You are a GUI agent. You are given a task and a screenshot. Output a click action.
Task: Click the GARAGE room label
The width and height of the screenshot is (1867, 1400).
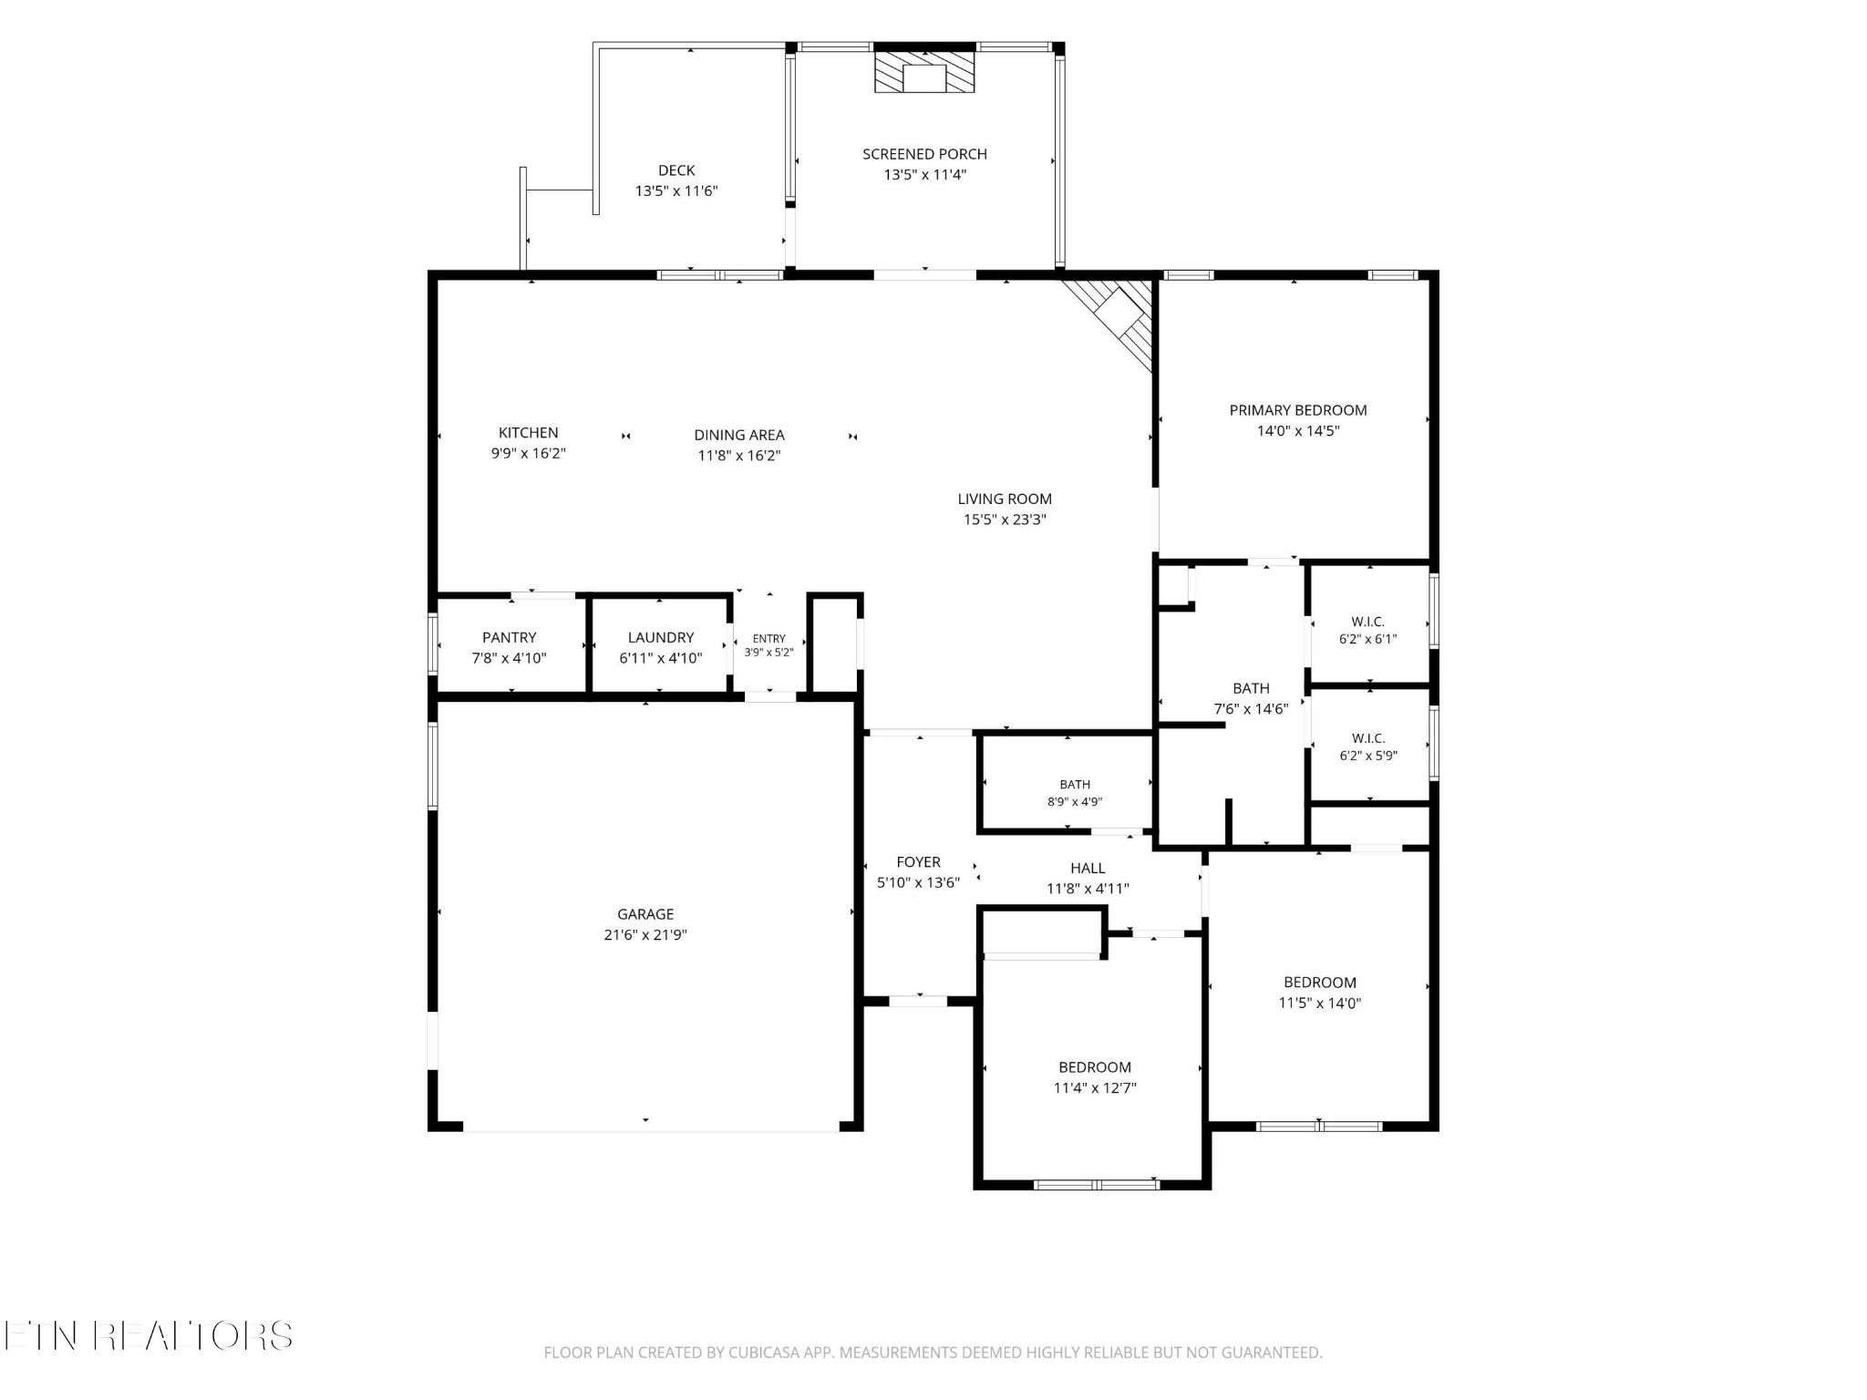pos(645,914)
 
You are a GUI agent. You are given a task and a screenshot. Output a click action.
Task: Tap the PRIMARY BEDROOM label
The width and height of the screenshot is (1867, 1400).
pos(1298,410)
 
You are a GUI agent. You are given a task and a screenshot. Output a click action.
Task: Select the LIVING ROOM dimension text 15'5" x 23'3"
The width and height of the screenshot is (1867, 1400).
pos(1005,520)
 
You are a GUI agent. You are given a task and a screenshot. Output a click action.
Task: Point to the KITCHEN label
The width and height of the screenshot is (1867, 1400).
pos(529,433)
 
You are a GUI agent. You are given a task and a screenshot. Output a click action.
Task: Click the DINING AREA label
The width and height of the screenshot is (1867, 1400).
pos(739,435)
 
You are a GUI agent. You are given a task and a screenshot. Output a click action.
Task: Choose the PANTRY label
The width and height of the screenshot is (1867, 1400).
pos(509,637)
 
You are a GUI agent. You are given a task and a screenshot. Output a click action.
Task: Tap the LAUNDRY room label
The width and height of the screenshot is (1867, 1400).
pos(661,637)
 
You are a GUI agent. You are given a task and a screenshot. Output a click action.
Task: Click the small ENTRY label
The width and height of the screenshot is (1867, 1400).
pos(769,639)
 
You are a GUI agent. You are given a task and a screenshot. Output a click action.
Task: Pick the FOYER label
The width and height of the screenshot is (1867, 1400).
pos(918,861)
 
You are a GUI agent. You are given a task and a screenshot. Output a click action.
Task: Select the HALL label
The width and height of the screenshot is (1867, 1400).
pos(1088,868)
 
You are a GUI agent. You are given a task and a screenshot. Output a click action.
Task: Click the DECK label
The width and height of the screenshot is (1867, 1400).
pos(676,170)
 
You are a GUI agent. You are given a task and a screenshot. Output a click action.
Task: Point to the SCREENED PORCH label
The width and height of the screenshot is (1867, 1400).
pos(924,154)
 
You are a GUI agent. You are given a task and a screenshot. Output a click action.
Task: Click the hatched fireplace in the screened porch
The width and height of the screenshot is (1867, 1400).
pos(924,72)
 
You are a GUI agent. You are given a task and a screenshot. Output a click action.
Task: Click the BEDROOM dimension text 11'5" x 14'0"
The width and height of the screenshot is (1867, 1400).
pos(1320,1003)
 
